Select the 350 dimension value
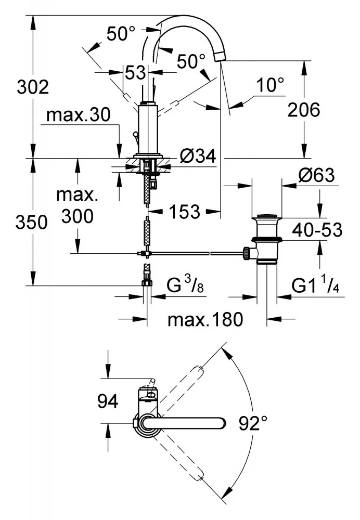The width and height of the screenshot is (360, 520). point(32,223)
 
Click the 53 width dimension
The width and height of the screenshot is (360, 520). point(135,73)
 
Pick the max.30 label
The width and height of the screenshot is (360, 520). point(78,115)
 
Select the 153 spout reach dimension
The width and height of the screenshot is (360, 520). point(184,211)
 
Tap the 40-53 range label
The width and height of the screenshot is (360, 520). point(317,229)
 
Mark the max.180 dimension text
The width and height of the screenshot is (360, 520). point(205,319)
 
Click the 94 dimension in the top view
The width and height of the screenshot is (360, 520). point(107,401)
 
